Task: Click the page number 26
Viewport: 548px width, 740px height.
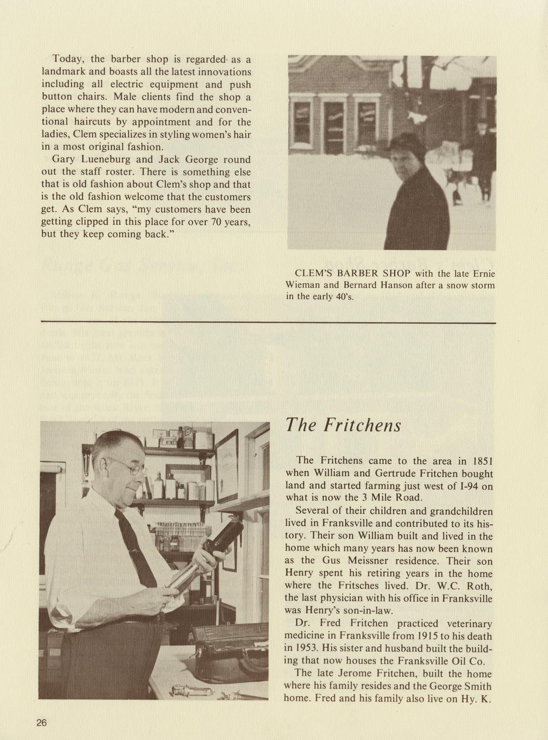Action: tap(42, 723)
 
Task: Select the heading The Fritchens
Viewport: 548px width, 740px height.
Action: tap(343, 425)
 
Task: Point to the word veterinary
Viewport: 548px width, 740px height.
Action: tap(465, 624)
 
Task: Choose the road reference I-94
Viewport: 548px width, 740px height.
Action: tap(464, 486)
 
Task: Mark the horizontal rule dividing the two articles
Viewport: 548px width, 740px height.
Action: tap(268, 322)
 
